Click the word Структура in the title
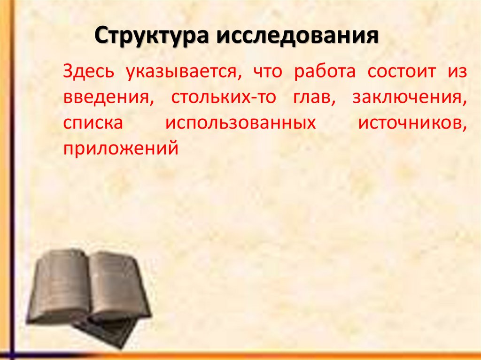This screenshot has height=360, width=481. pos(151,37)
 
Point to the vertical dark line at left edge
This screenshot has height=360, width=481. pos(12,188)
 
